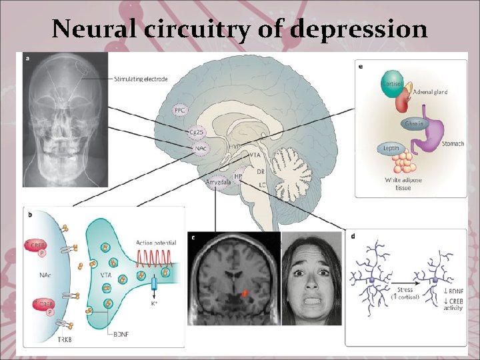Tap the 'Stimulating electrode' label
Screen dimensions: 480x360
point(141,79)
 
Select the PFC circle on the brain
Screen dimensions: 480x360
point(180,109)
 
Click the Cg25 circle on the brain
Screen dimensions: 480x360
point(195,131)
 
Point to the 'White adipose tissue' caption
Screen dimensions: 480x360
point(398,184)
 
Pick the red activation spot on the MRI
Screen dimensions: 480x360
point(245,291)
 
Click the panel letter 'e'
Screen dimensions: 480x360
point(361,67)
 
